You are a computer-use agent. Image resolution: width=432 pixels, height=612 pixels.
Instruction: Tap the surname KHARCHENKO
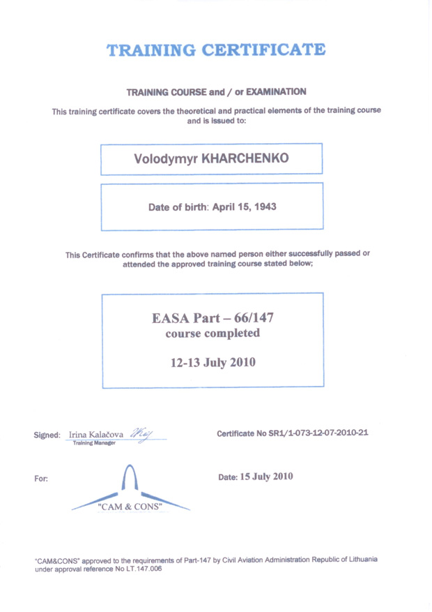point(245,159)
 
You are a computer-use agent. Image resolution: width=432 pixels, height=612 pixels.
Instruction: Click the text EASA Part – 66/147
point(213,318)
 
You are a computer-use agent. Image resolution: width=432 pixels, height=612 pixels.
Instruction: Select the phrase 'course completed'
point(213,334)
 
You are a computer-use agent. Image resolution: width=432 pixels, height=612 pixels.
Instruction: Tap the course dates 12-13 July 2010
point(213,362)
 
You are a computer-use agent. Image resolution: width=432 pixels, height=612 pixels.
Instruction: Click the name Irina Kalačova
point(97,435)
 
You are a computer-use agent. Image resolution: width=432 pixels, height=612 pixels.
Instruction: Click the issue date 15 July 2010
point(267,477)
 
